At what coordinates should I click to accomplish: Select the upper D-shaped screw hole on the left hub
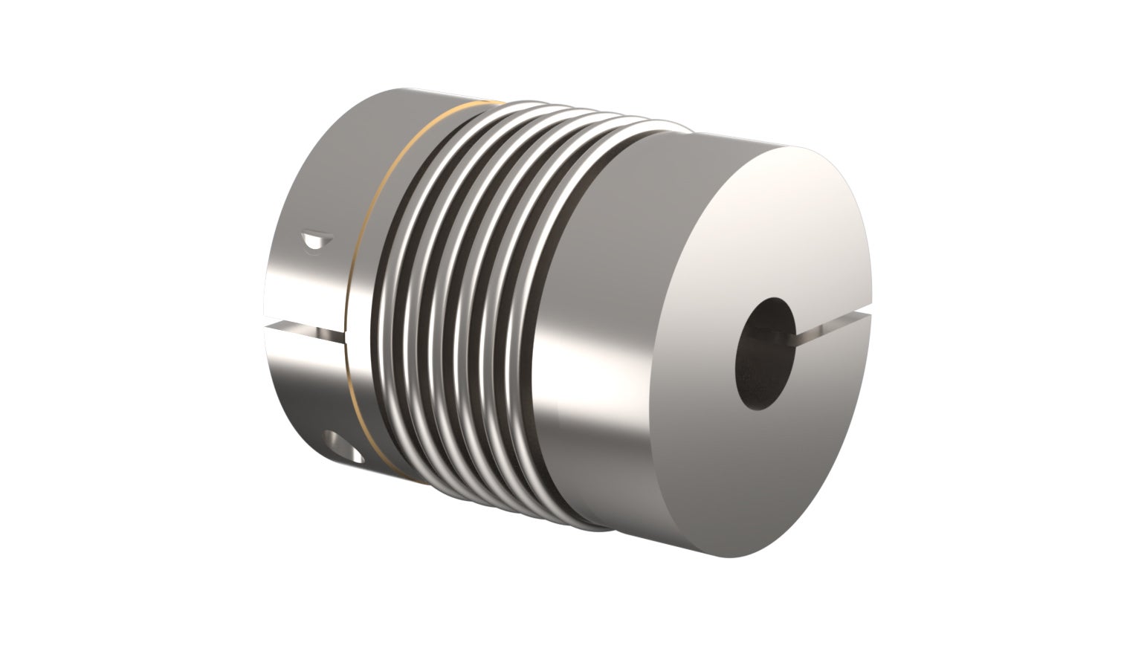pyautogui.click(x=315, y=241)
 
